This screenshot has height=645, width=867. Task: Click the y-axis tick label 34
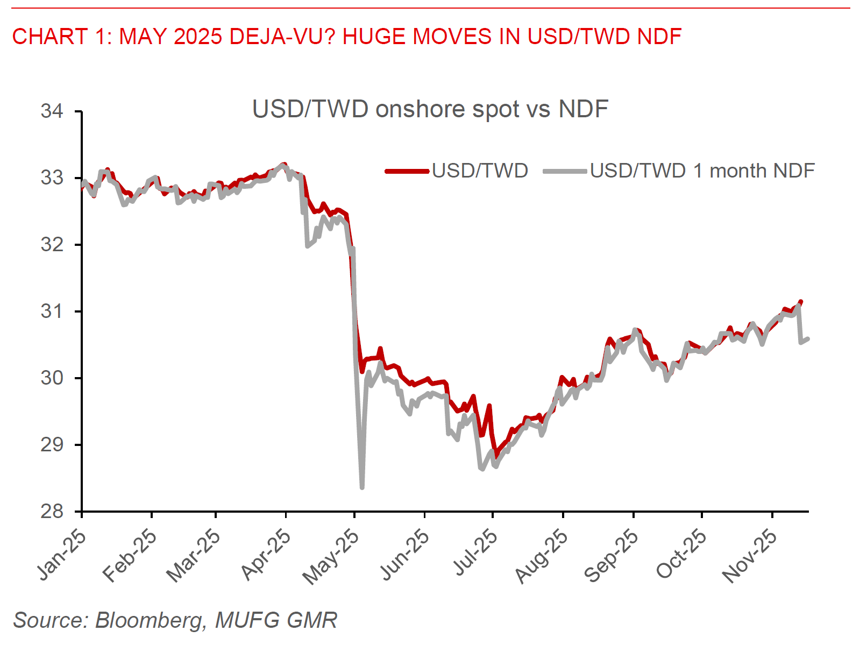point(52,111)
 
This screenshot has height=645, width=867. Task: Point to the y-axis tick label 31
point(52,311)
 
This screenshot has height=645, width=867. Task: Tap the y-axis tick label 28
point(52,512)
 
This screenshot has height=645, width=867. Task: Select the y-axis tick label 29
point(52,445)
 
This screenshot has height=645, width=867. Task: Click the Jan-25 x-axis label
point(62,554)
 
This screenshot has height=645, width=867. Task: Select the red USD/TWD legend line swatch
point(408,171)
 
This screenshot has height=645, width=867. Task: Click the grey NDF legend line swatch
point(565,171)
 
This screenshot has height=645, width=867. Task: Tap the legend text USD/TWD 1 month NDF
point(702,171)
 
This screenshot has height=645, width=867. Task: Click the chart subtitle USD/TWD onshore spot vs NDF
point(430,109)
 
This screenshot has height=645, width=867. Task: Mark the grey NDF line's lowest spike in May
point(362,487)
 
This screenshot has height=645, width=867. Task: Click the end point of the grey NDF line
point(808,338)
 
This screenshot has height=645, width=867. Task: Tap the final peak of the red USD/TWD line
point(800,302)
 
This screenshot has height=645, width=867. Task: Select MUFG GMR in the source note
point(276,620)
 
